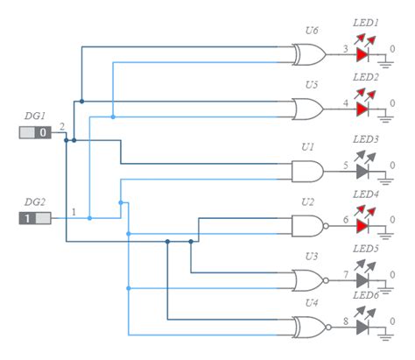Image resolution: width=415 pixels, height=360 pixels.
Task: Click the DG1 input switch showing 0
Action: tap(36, 132)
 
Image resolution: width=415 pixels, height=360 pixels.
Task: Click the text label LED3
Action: tap(365, 139)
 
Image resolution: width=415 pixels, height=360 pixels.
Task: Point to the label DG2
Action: tap(34, 201)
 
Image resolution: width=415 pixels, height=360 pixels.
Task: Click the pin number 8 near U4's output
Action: tap(345, 322)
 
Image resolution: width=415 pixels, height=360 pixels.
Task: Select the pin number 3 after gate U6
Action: tap(345, 48)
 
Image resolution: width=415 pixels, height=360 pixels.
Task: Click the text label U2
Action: tap(307, 201)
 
